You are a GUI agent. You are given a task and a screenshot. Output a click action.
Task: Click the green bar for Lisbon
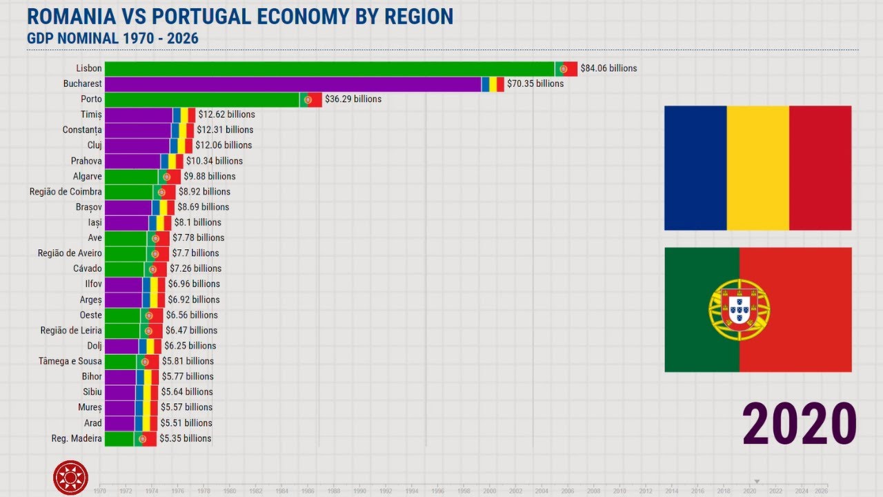tap(329, 68)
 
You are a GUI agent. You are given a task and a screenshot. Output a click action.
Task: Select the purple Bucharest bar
tap(293, 84)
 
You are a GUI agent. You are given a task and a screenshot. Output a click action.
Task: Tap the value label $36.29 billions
tap(353, 99)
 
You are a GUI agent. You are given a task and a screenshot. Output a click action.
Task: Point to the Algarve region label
tap(88, 177)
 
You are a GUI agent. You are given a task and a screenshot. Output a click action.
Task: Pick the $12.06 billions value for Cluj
tap(224, 146)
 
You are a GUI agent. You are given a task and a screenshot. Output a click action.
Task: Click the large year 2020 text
tap(800, 423)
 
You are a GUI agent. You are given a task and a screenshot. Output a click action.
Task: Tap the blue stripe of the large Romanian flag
tap(695, 168)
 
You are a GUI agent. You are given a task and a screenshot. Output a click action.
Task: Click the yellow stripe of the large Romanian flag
tap(757, 168)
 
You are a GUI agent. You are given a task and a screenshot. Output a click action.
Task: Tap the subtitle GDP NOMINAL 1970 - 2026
tap(112, 38)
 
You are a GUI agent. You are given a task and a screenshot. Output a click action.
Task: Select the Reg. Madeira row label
tap(77, 439)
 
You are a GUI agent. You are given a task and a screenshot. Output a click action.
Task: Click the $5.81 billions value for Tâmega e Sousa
tap(188, 362)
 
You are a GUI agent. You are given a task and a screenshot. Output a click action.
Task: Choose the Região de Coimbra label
tap(66, 192)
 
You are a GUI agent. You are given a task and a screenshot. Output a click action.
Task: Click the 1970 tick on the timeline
tap(99, 491)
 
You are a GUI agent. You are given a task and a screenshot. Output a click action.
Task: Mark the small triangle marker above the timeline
tap(757, 481)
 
